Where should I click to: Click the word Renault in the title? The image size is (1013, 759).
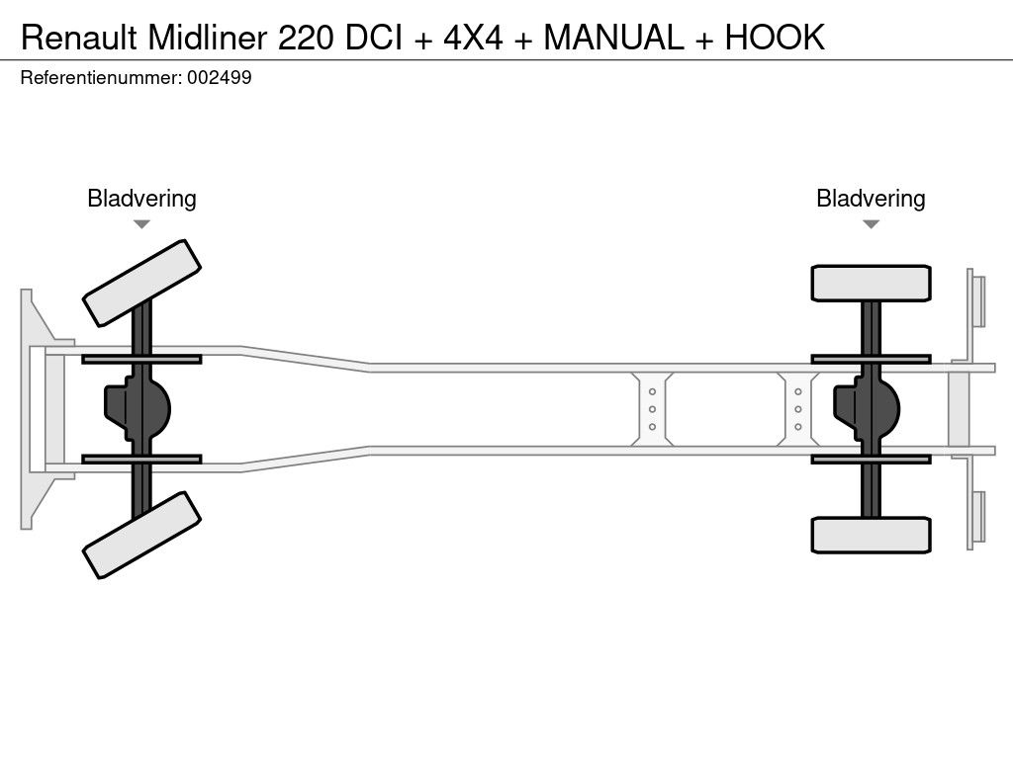tap(79, 38)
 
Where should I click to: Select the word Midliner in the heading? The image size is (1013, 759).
tap(208, 38)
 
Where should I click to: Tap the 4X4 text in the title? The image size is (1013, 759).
tap(473, 38)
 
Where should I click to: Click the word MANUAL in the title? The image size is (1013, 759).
tap(613, 38)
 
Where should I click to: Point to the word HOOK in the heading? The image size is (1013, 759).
tap(775, 38)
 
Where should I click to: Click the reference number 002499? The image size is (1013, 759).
tap(220, 77)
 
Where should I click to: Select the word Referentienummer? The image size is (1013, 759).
tap(101, 77)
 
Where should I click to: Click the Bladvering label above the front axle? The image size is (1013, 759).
tap(141, 199)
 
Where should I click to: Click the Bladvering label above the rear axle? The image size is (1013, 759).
tap(871, 199)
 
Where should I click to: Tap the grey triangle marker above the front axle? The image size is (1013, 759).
tap(141, 224)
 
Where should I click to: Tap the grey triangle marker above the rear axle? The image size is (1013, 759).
tap(871, 224)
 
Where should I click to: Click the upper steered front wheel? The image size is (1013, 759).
tap(141, 284)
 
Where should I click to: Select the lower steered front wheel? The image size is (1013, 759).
tap(141, 535)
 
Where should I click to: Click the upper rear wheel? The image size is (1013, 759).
tap(871, 283)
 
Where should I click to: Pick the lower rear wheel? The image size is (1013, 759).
tap(871, 535)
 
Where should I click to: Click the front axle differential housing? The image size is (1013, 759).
tap(138, 408)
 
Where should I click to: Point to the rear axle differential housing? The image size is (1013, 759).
tap(867, 408)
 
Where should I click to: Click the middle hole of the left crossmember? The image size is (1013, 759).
tap(652, 409)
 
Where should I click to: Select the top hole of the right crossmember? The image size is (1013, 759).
tap(798, 391)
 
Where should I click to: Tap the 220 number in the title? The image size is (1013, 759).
tap(307, 38)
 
